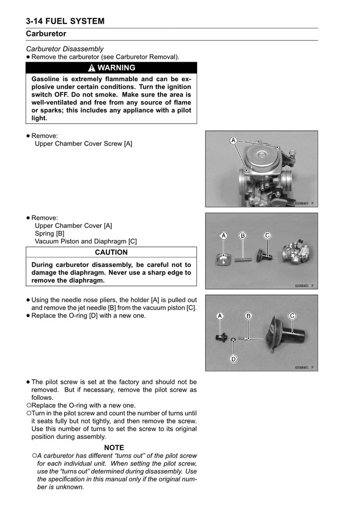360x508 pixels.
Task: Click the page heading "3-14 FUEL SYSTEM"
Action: [x=66, y=21]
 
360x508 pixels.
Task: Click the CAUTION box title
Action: [x=111, y=252]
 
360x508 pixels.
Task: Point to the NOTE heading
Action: [x=114, y=447]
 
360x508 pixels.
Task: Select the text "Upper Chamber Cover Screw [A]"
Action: [x=83, y=144]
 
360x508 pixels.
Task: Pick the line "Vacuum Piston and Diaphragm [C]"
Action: [x=85, y=241]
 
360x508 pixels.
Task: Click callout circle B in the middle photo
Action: [x=243, y=235]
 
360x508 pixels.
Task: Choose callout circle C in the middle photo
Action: [x=267, y=235]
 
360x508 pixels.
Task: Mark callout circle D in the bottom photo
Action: [x=234, y=358]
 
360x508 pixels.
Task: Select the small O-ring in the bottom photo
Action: [x=234, y=341]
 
